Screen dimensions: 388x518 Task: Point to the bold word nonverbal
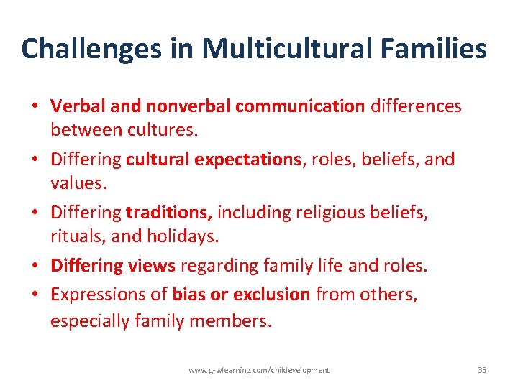tap(188, 106)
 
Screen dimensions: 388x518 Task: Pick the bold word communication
tap(300, 106)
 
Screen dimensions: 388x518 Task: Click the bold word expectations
tap(248, 160)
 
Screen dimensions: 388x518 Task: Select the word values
tap(78, 183)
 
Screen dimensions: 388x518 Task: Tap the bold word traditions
tap(168, 213)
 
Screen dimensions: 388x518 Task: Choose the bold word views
tap(152, 266)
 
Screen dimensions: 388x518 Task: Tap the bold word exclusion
tap(275, 294)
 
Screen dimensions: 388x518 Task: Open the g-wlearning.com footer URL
tap(259, 370)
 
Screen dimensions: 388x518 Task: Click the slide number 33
tap(482, 370)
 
